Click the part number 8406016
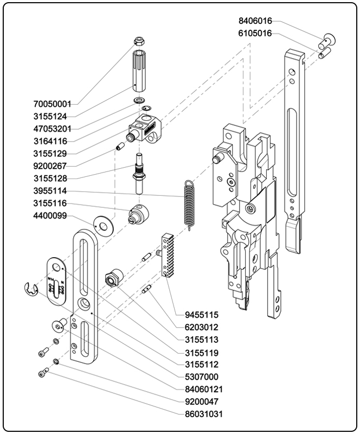click(255, 21)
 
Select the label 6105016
click(255, 33)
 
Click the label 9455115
click(201, 315)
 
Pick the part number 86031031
click(203, 414)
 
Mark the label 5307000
click(201, 376)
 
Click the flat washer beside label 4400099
click(101, 223)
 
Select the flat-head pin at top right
click(327, 39)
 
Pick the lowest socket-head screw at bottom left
click(43, 373)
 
